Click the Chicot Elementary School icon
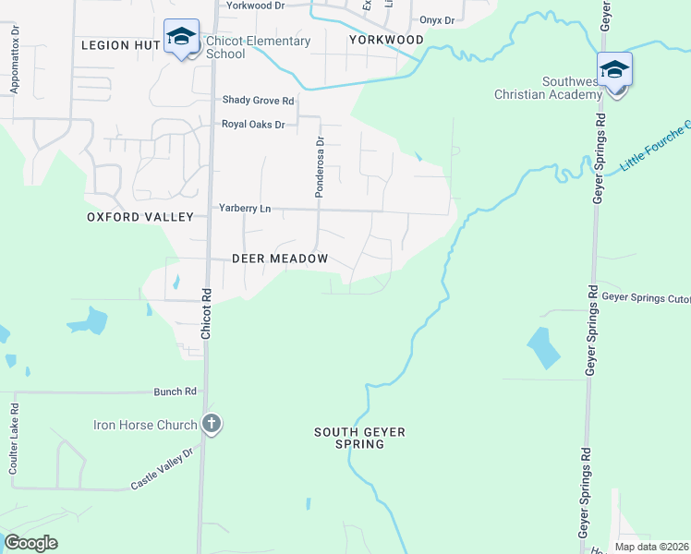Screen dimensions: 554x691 pos(181,38)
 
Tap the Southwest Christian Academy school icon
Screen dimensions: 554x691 pos(614,71)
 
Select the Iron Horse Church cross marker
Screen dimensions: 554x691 pos(212,425)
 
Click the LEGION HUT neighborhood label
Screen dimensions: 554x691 pos(121,44)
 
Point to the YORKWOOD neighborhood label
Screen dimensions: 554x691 pos(386,40)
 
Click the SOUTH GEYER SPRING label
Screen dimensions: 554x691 pos(360,438)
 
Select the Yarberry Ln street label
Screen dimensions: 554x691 pos(245,209)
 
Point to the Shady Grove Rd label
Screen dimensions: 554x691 pos(258,101)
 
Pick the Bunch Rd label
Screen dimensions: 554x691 pos(176,391)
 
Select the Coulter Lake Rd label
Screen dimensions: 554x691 pos(14,439)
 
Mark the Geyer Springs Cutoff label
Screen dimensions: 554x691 pos(646,297)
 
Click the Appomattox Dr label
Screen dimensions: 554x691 pos(14,65)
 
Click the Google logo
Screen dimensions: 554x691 pos(30,543)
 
